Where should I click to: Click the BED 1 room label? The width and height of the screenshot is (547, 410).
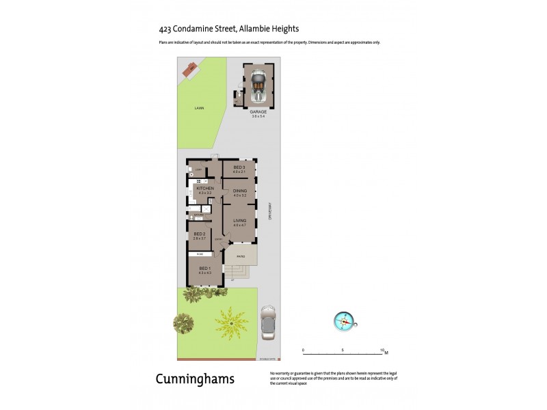coord(204,268)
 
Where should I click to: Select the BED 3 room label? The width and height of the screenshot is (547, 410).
coord(239,167)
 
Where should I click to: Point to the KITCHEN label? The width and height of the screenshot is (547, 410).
coord(205,189)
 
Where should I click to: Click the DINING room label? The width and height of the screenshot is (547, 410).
coord(239,191)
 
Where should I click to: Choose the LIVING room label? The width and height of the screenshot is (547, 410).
coord(239,221)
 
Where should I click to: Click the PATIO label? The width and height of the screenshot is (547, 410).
coord(240,256)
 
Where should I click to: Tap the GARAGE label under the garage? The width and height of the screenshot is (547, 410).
coord(258,111)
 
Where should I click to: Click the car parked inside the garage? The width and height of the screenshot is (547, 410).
coord(258,84)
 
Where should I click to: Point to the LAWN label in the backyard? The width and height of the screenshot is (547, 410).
coord(198,108)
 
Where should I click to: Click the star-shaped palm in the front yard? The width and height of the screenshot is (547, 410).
coord(231,323)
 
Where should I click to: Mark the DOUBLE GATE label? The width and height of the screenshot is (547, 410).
coord(266,357)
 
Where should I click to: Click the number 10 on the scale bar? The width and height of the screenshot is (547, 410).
coord(383,350)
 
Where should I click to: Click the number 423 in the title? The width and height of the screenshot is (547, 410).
coord(165,29)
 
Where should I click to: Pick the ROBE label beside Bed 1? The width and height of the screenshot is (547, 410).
coord(200,254)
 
